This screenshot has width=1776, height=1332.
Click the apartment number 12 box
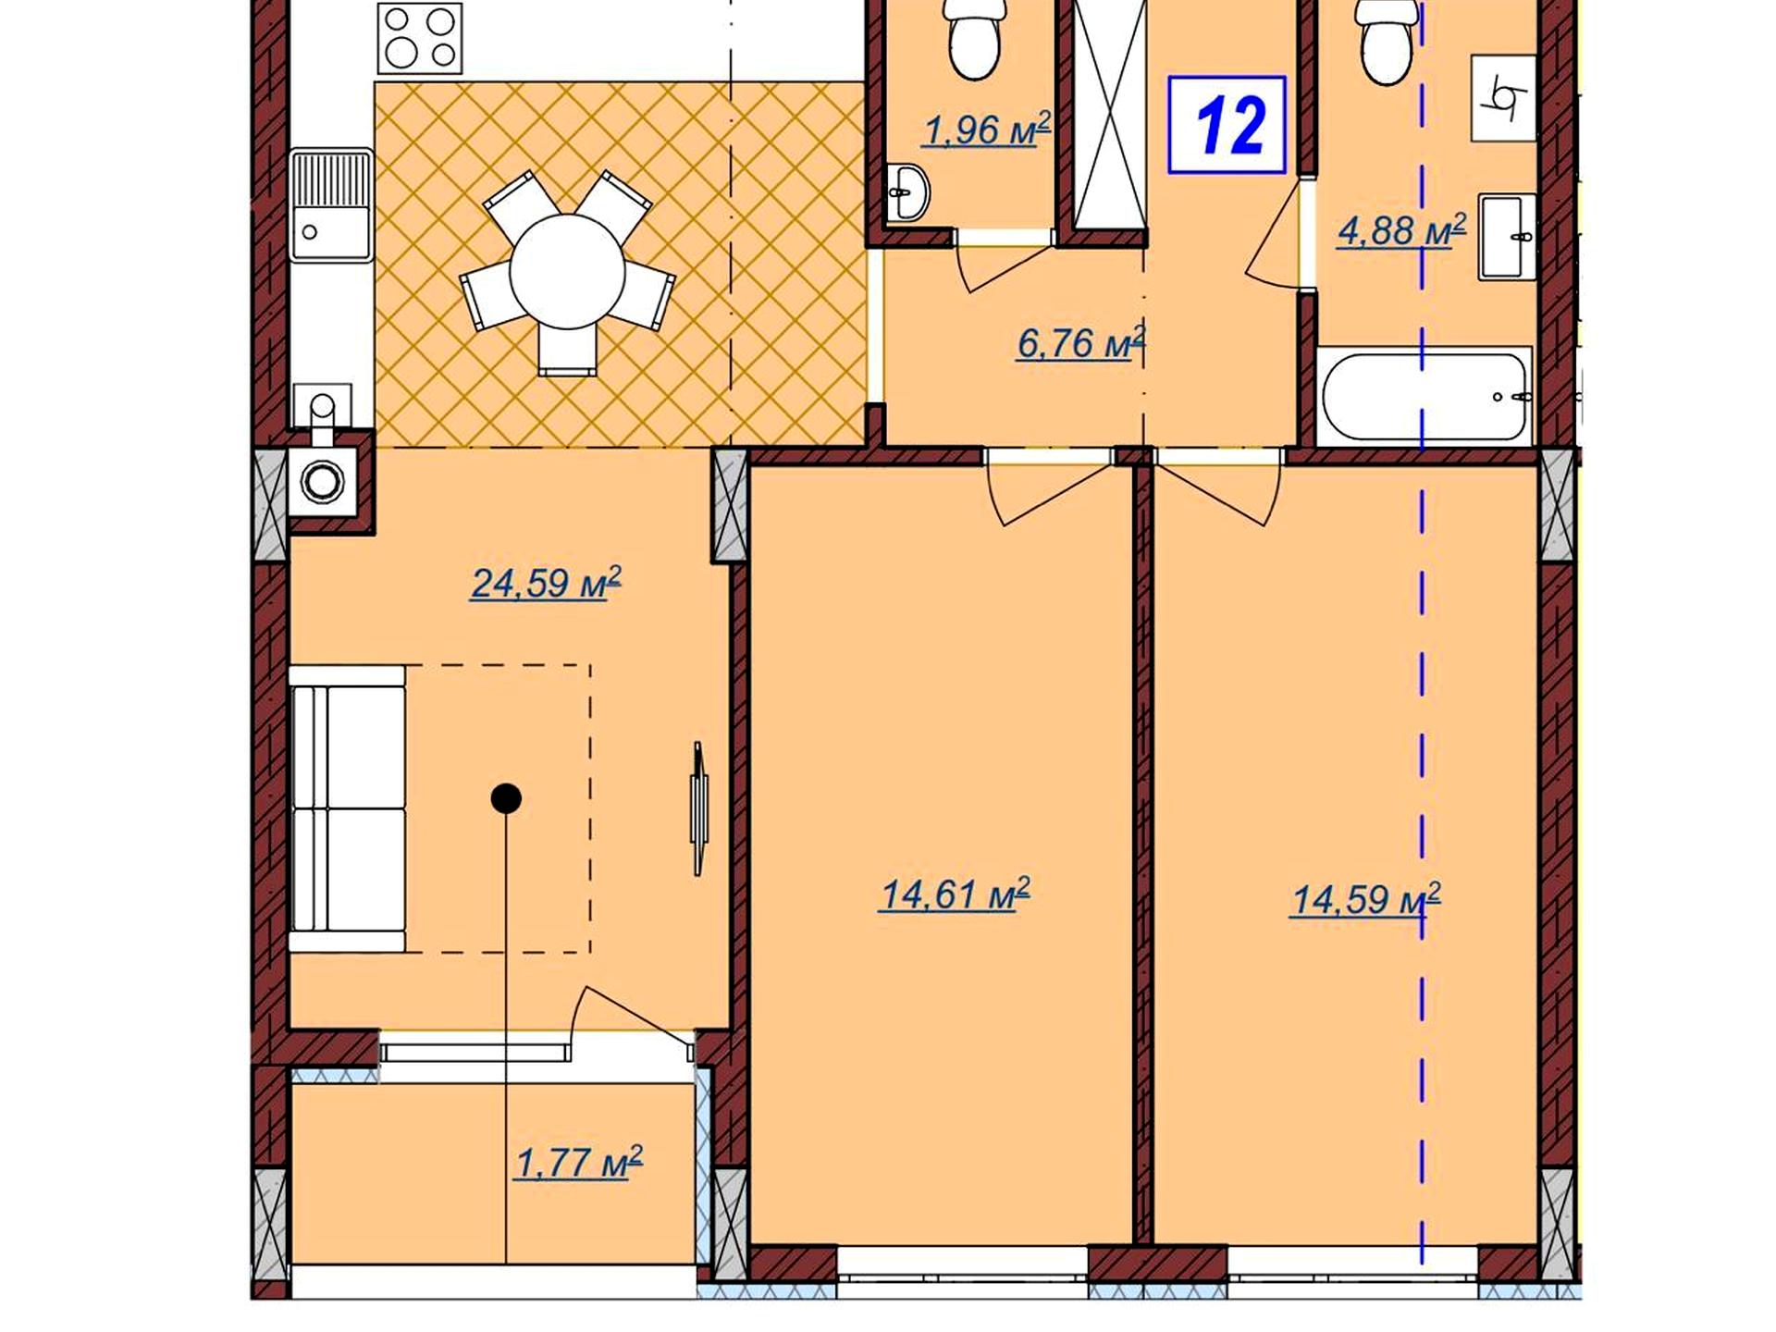point(1227,124)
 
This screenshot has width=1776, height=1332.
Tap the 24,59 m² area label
point(546,584)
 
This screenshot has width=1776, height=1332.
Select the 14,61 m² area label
point(955,894)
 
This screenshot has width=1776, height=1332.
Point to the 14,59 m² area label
point(1365,898)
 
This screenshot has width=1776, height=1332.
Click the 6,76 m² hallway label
point(1081,343)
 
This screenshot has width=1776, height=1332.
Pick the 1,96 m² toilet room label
point(987,130)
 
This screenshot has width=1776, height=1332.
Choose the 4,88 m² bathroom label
point(1401,230)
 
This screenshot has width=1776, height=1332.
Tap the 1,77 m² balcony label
point(579,1163)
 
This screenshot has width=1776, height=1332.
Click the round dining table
point(567,271)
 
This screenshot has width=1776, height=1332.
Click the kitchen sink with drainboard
point(331,205)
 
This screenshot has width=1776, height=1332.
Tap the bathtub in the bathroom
point(1424,396)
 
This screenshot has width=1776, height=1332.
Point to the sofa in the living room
point(347,808)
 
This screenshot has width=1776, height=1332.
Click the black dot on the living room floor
point(506,798)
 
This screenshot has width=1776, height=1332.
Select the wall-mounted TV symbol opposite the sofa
point(699,808)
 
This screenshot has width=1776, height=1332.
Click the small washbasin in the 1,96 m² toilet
point(907,192)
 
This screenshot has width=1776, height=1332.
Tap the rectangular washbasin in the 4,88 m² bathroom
point(1507,237)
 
